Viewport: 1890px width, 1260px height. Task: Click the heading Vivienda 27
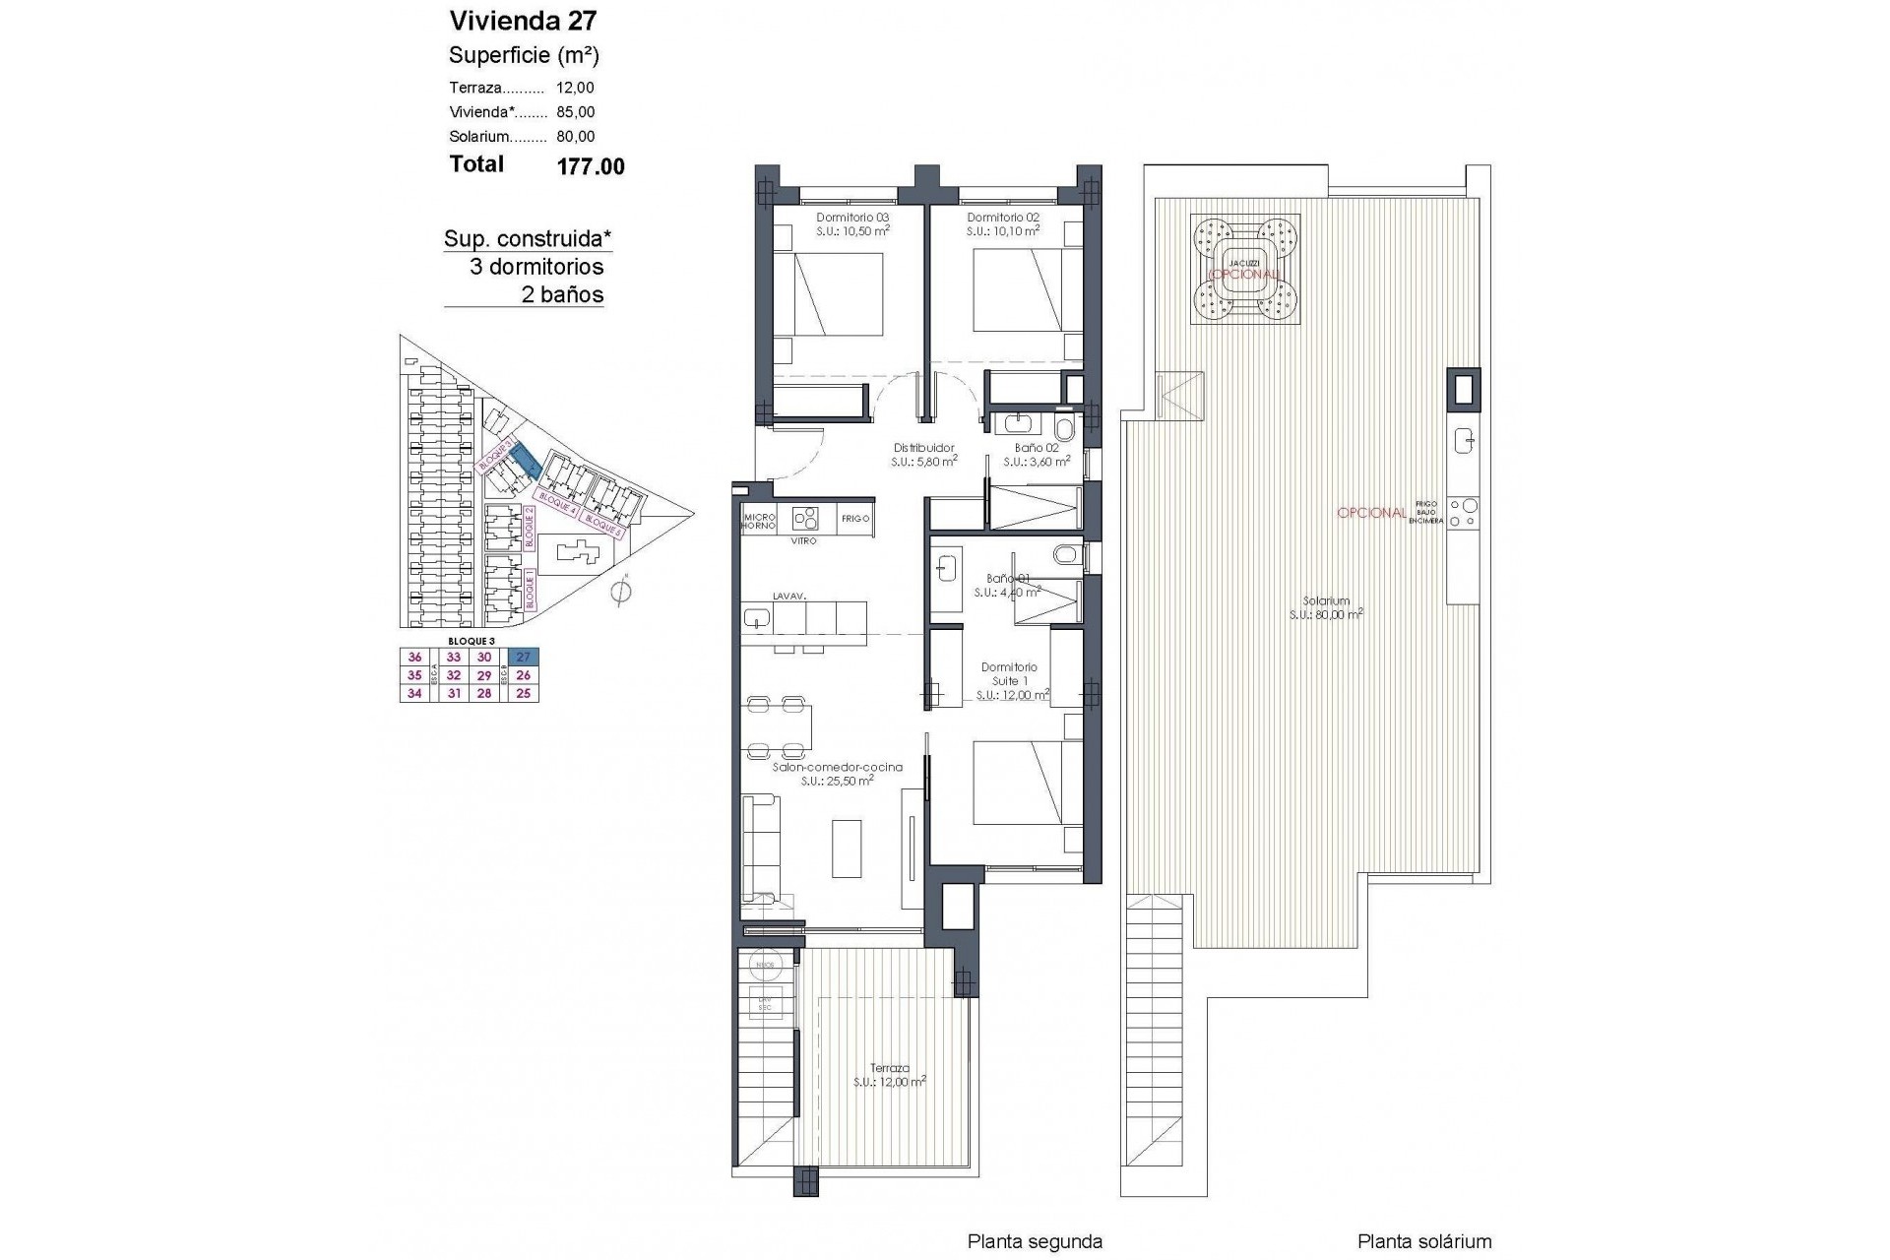tap(523, 21)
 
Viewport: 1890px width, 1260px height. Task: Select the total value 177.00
tap(591, 166)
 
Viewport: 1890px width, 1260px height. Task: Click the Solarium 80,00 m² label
tap(1326, 607)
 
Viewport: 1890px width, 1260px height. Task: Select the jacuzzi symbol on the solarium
tap(1245, 270)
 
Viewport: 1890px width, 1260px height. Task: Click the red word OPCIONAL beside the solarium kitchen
tap(1371, 513)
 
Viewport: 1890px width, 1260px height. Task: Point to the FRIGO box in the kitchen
tap(854, 519)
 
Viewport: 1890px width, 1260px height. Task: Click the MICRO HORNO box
tap(760, 521)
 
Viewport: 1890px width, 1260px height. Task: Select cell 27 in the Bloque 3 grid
tap(524, 658)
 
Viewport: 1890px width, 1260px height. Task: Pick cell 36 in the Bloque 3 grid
tap(414, 658)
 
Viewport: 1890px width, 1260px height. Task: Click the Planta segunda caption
tap(1035, 1242)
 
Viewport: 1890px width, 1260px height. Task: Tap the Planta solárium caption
tap(1424, 1242)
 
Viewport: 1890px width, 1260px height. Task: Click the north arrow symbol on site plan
tap(620, 593)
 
